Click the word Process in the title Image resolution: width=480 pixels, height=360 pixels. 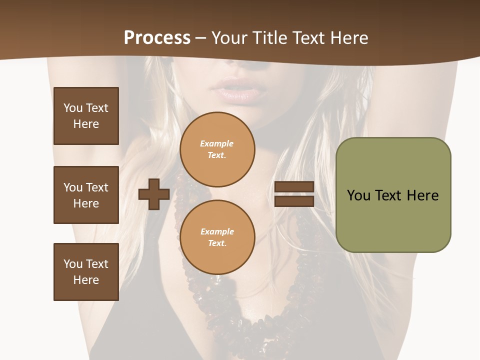point(157,37)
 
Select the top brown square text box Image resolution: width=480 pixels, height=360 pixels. point(86,116)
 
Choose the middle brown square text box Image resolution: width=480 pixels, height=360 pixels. point(86,195)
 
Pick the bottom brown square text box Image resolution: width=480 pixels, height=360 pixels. point(86,272)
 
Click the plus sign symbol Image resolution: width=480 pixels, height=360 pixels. point(154,194)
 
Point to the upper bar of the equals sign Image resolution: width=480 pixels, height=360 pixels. point(294,186)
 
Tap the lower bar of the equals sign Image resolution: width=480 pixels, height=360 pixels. point(294,201)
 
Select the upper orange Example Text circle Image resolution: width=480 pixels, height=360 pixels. point(217,149)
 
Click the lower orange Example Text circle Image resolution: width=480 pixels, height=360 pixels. point(217,237)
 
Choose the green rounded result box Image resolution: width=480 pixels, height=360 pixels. point(393,195)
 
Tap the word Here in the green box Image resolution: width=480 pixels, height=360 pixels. point(422,195)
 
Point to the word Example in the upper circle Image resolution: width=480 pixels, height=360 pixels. point(217,143)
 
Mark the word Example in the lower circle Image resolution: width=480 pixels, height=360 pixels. point(217,231)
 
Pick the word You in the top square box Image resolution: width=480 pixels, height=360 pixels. point(72,108)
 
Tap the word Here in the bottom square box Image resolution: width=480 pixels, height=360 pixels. point(86,280)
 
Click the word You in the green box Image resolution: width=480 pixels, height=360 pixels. point(358,195)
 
